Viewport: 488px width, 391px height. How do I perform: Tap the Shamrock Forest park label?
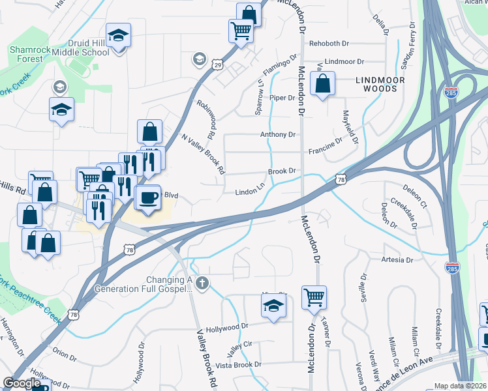(x=26, y=54)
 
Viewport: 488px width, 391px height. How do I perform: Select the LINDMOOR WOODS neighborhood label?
(x=380, y=84)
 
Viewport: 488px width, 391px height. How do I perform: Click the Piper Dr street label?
(x=282, y=98)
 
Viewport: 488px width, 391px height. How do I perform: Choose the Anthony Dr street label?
(x=277, y=135)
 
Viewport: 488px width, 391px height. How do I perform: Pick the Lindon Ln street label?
(x=251, y=192)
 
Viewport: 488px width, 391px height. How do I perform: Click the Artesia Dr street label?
(x=397, y=259)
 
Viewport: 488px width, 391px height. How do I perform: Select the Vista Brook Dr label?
(x=239, y=364)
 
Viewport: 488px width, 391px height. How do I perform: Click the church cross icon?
(x=202, y=283)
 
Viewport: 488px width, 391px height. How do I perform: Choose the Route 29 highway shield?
(x=218, y=65)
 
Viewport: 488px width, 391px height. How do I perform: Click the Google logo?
(x=22, y=383)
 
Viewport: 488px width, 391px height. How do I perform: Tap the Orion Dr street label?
(x=65, y=355)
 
